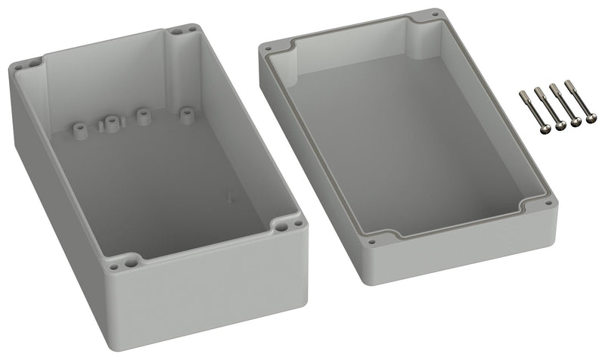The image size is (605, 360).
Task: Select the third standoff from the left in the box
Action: click(x=141, y=115)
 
